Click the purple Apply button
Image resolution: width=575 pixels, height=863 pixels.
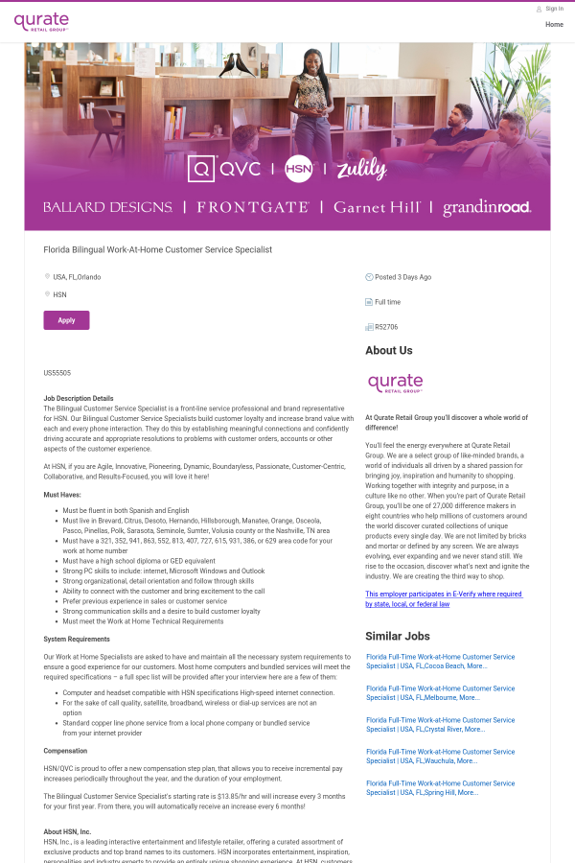click(66, 320)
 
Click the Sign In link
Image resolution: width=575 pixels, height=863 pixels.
click(554, 9)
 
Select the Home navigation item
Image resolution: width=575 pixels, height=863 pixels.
click(554, 24)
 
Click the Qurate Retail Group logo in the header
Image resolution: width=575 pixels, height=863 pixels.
click(41, 21)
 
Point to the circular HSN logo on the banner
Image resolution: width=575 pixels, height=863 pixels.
click(299, 169)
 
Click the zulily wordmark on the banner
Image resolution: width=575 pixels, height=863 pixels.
click(361, 169)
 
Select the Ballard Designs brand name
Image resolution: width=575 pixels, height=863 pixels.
click(107, 207)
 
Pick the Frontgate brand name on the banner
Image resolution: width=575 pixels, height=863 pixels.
click(253, 207)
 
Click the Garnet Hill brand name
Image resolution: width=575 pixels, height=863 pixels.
click(377, 207)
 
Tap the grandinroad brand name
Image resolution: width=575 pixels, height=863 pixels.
click(487, 207)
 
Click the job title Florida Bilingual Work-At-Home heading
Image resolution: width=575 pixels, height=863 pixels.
click(158, 249)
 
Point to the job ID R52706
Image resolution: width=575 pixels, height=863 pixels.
click(386, 327)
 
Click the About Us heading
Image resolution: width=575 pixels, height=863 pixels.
click(389, 351)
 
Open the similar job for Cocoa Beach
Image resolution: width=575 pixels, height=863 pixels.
click(440, 661)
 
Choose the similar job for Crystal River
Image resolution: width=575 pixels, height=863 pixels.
click(440, 724)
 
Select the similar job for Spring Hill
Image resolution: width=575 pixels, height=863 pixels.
click(440, 787)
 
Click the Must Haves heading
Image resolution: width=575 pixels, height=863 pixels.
click(62, 495)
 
